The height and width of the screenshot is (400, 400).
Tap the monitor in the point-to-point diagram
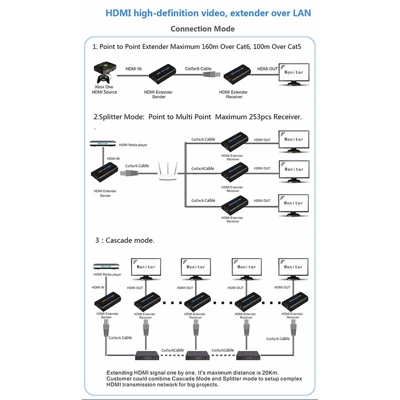pos(293,73)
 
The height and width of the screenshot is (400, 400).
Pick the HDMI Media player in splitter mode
pos(102,143)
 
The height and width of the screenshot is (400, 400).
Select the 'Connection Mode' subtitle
pos(202,28)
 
